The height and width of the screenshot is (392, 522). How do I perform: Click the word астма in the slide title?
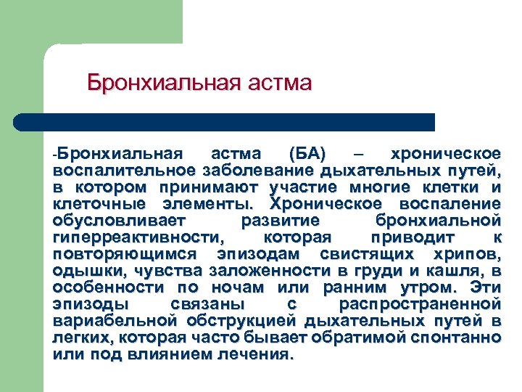pyautogui.click(x=278, y=82)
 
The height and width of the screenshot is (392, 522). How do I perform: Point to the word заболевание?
pyautogui.click(x=254, y=171)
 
